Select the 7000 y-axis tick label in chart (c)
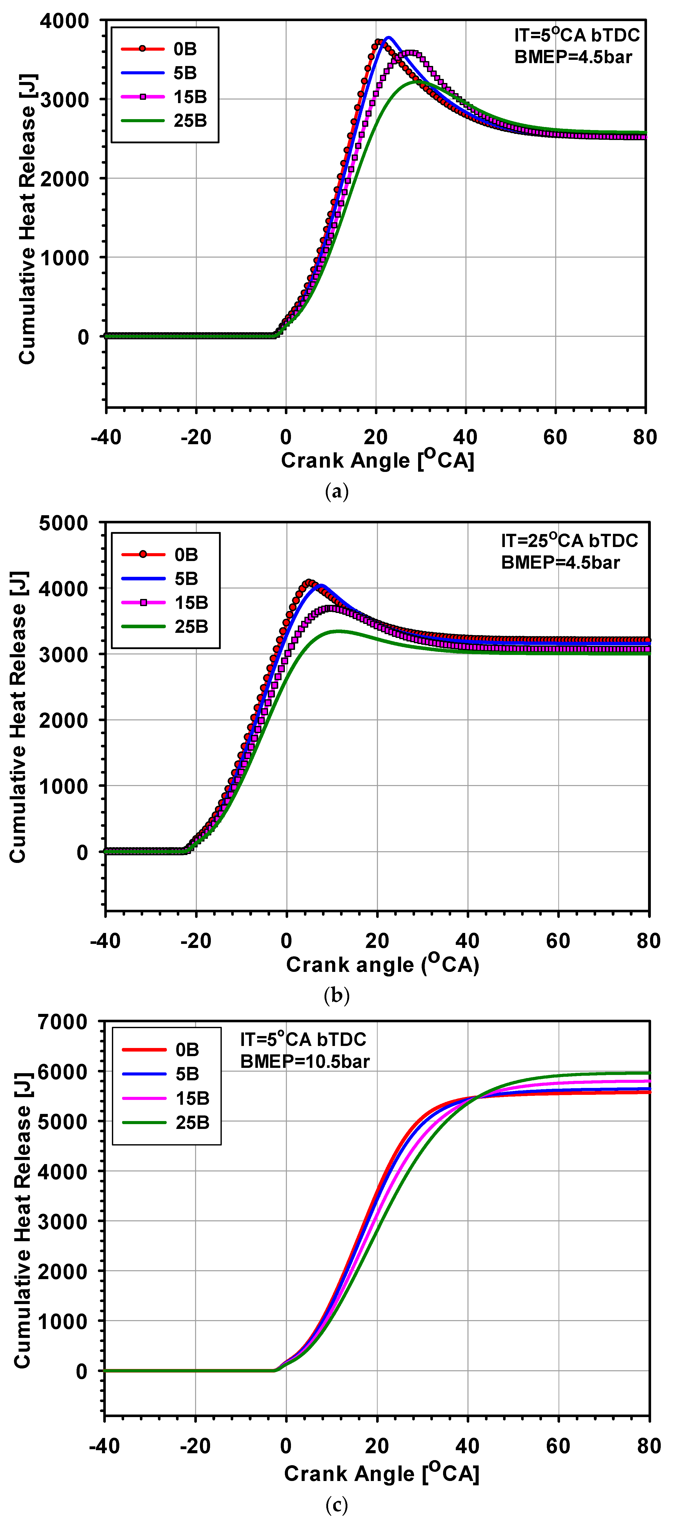tap(63, 1022)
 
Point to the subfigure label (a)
tap(337, 492)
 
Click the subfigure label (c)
tap(337, 1504)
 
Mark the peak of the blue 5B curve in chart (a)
tap(388, 38)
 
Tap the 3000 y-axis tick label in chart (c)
tap(63, 1221)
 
